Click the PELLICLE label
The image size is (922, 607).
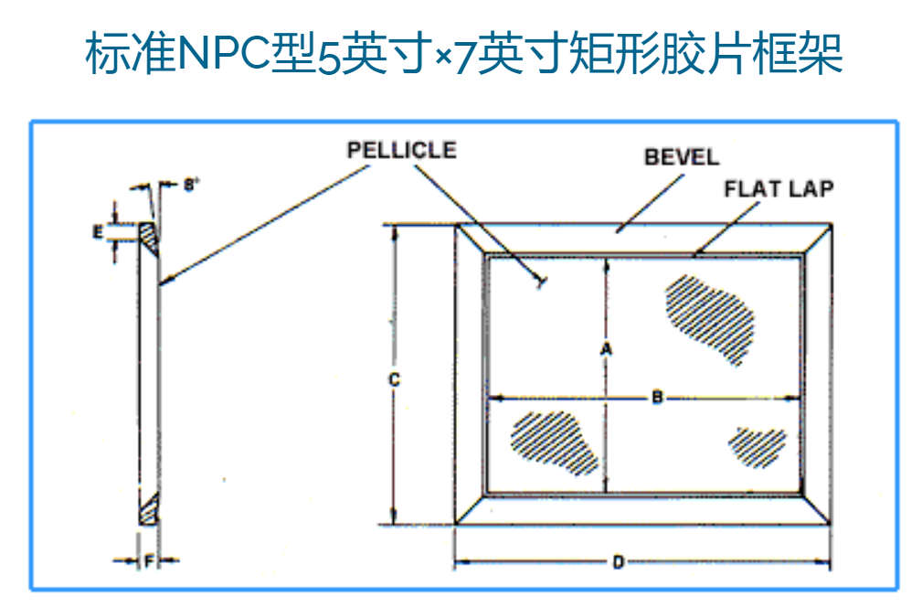tap(401, 150)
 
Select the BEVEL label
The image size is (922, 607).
tap(682, 156)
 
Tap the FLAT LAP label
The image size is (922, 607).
tap(779, 189)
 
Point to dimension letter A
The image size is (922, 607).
tap(604, 348)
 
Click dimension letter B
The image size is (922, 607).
tap(656, 398)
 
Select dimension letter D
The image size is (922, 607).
tap(618, 563)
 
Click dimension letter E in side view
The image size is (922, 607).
tap(98, 232)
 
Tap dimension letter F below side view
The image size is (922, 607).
tap(148, 561)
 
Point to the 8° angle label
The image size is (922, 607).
tap(190, 185)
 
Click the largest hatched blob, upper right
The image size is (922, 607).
tap(712, 317)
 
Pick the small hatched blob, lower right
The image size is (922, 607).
tap(757, 446)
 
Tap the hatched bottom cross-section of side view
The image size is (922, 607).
tap(149, 508)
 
